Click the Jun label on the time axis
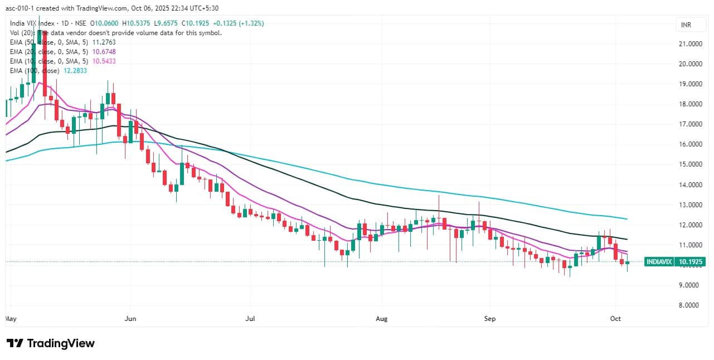click(x=130, y=319)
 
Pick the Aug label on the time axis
click(x=381, y=319)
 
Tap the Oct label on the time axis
click(x=615, y=319)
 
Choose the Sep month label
click(x=489, y=319)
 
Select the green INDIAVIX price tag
click(x=660, y=261)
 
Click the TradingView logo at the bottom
click(x=50, y=343)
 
